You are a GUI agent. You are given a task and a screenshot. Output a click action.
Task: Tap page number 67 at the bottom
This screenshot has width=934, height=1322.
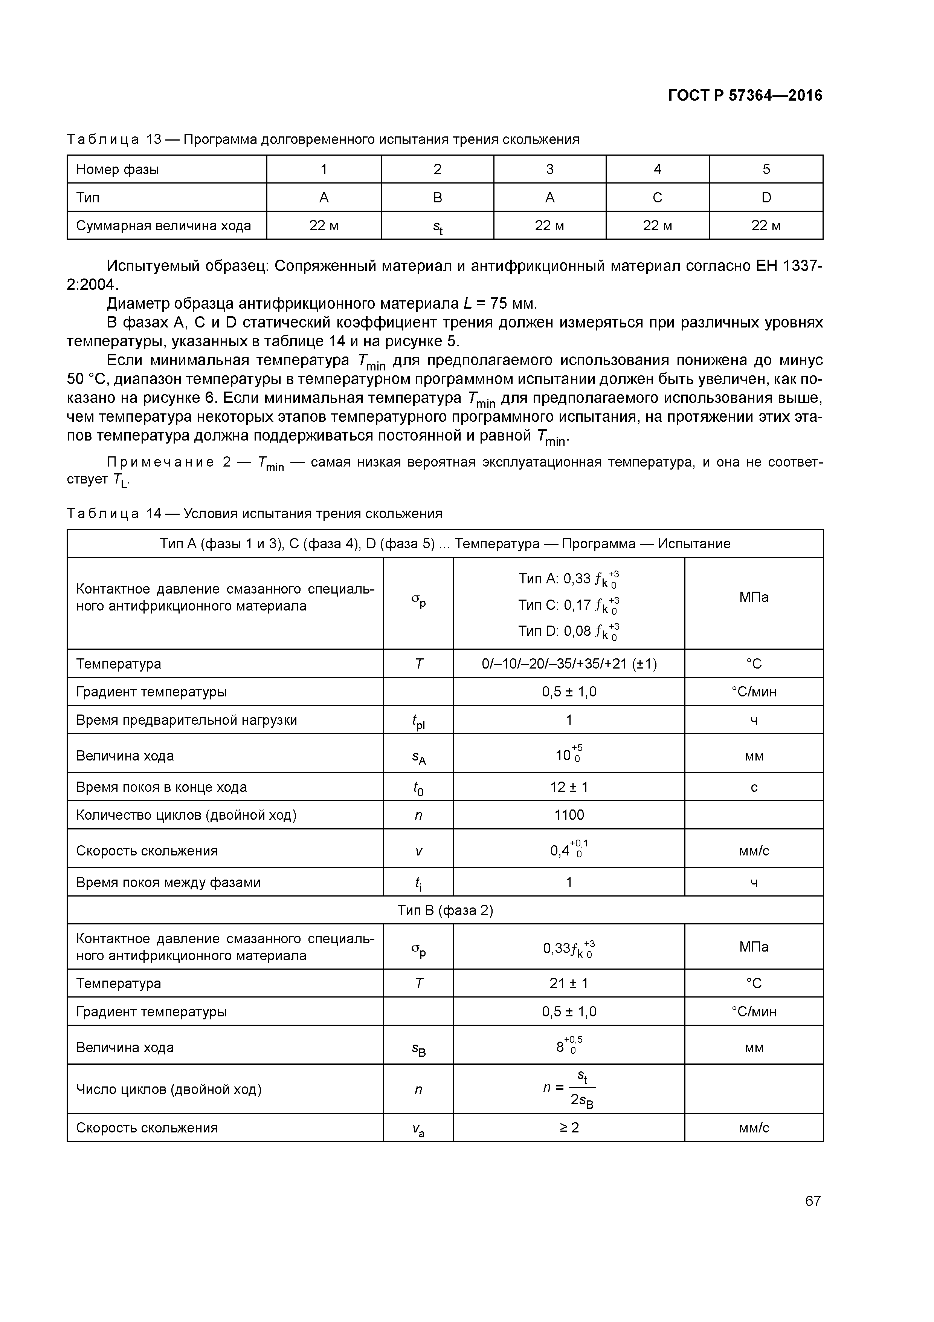coord(813,1201)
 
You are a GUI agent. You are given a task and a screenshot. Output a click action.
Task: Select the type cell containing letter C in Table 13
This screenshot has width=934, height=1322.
coord(657,197)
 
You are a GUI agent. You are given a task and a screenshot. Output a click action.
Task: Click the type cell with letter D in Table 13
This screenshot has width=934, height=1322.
coord(766,197)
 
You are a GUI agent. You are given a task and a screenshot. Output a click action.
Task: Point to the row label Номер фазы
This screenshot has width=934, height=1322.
coord(118,169)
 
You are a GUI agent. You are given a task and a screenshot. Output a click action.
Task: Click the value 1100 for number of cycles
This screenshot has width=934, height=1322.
coord(569,815)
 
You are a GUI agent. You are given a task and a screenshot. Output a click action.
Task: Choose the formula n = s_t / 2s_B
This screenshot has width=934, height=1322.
coord(569,1089)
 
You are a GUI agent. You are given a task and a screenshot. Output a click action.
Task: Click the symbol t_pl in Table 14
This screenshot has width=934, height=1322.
coord(418,721)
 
